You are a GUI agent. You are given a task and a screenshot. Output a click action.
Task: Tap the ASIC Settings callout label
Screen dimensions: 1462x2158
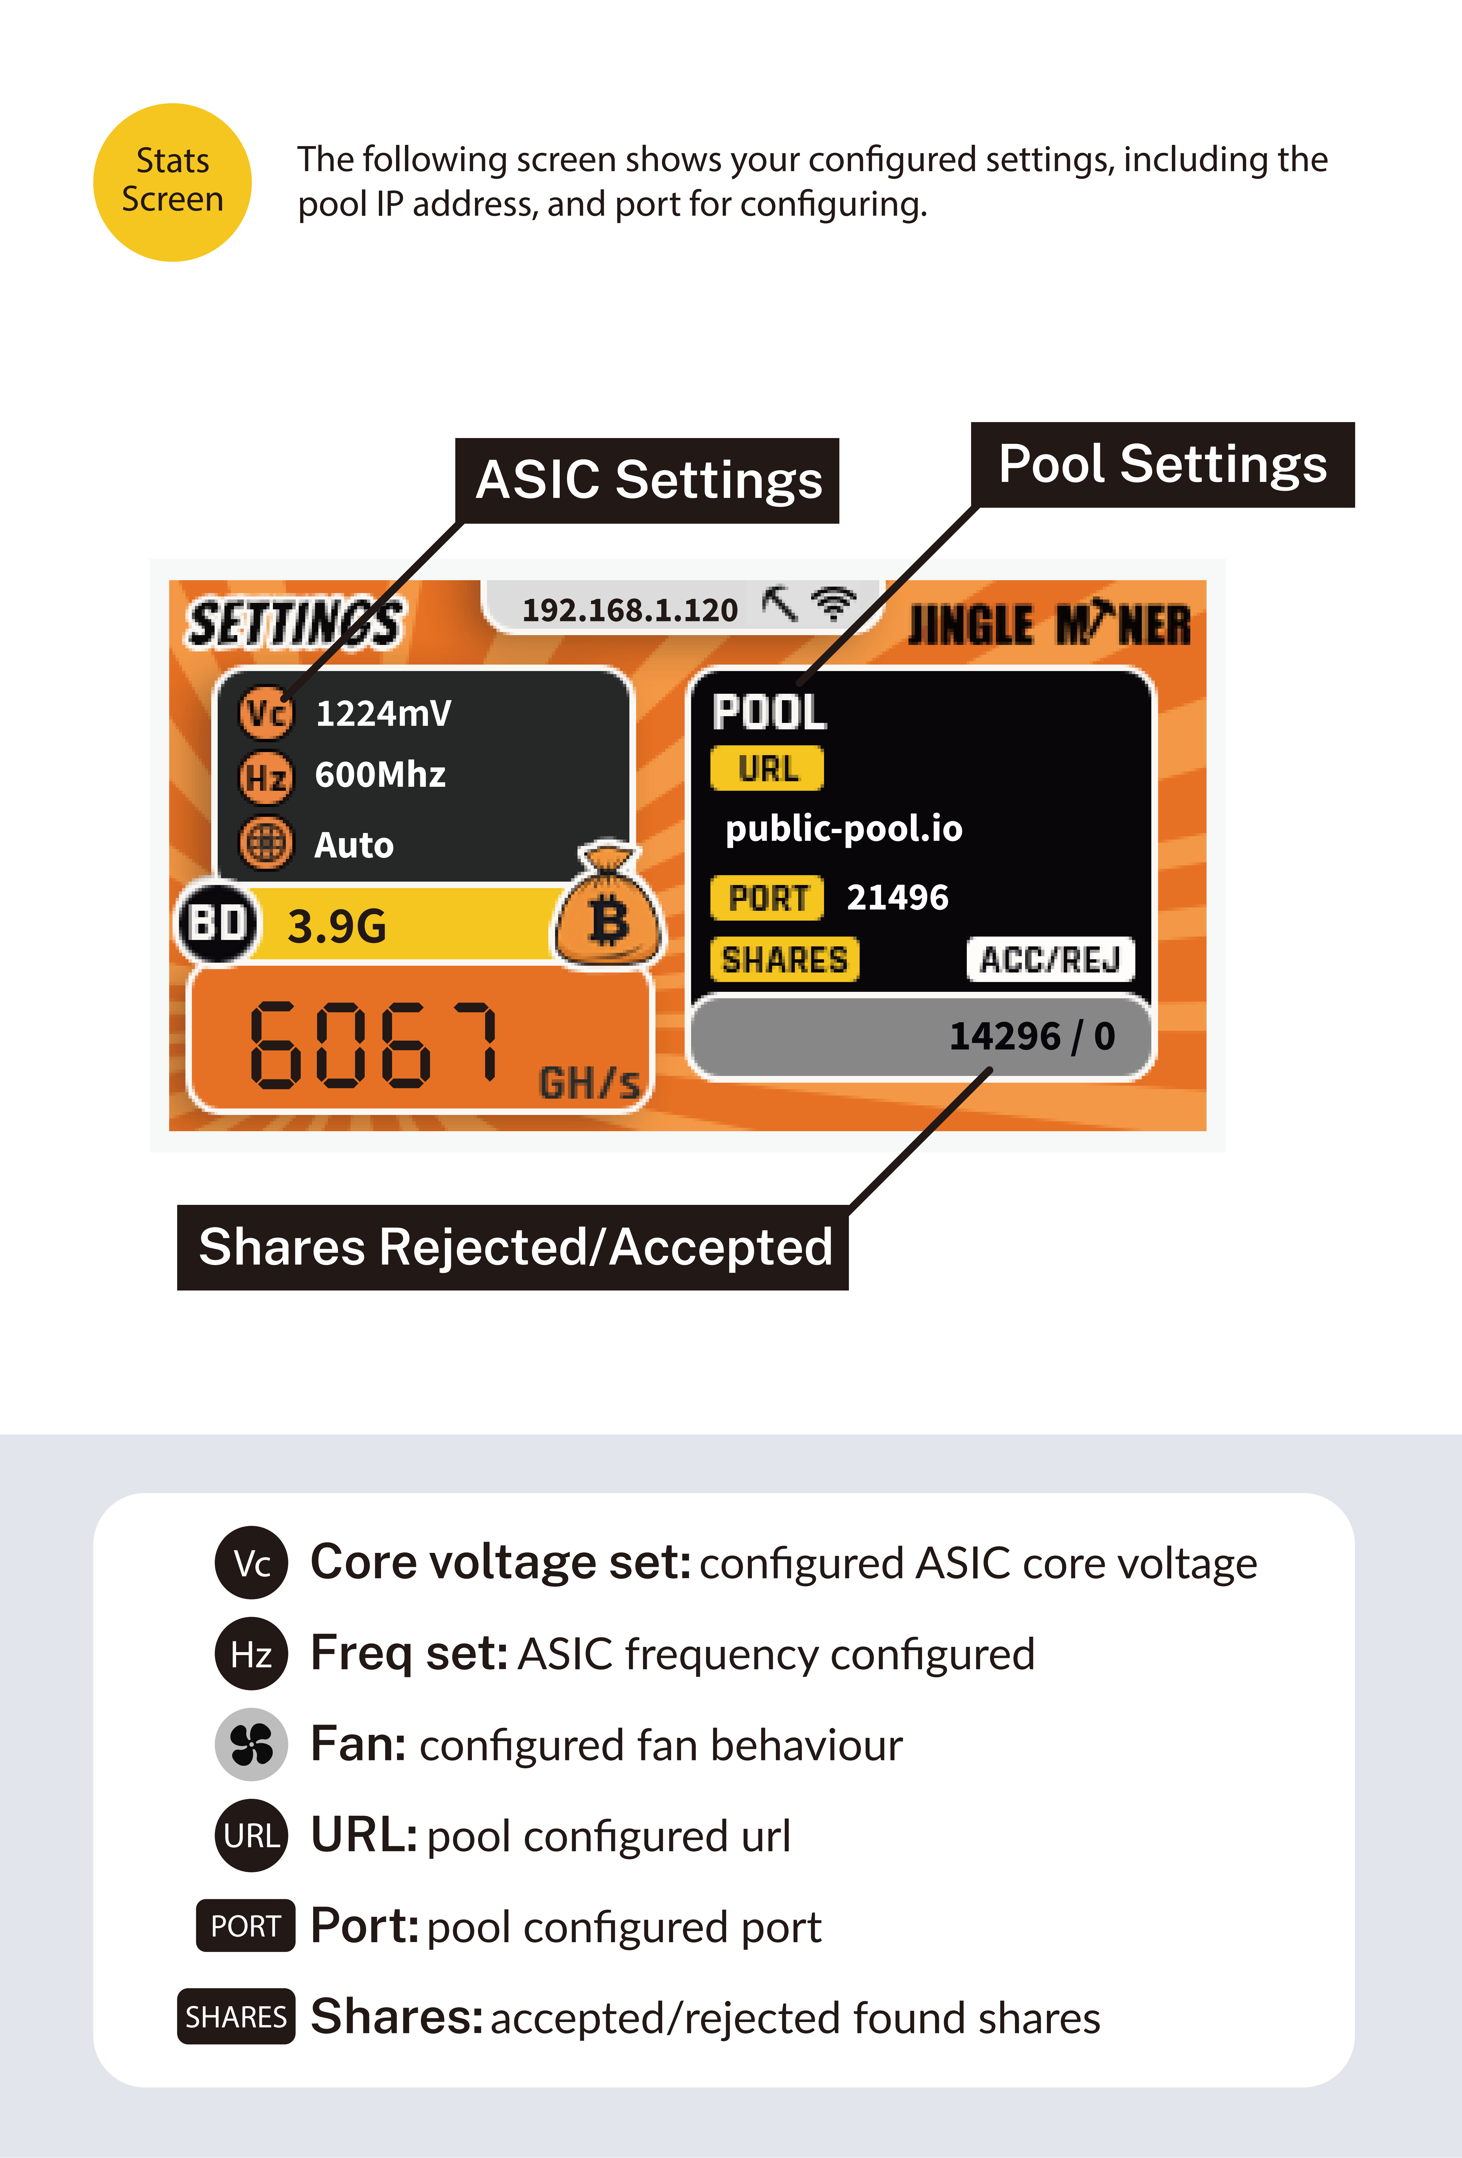(x=647, y=480)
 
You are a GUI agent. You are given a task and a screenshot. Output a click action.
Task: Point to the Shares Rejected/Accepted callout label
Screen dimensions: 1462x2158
(x=513, y=1247)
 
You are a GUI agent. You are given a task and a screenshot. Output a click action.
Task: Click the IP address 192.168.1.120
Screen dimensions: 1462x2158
(x=630, y=610)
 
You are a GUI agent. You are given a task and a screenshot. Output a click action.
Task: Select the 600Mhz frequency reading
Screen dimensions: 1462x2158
(x=380, y=774)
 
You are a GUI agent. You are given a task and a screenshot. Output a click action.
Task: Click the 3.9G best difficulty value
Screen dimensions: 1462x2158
(x=336, y=926)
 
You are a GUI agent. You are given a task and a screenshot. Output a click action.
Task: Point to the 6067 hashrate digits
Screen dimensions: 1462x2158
(x=375, y=1045)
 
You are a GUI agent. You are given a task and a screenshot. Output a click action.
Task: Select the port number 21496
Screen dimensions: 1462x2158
(x=897, y=897)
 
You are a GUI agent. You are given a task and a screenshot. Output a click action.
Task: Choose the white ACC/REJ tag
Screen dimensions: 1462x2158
(x=1051, y=959)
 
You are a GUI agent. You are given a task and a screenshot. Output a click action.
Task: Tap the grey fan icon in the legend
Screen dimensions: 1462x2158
(x=251, y=1744)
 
